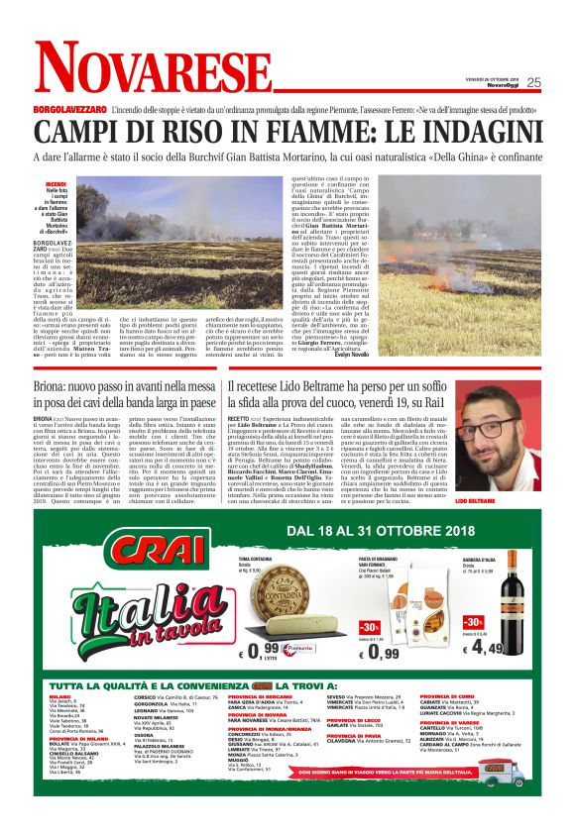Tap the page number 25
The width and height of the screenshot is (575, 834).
point(533,82)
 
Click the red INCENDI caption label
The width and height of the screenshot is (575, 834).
point(56,184)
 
